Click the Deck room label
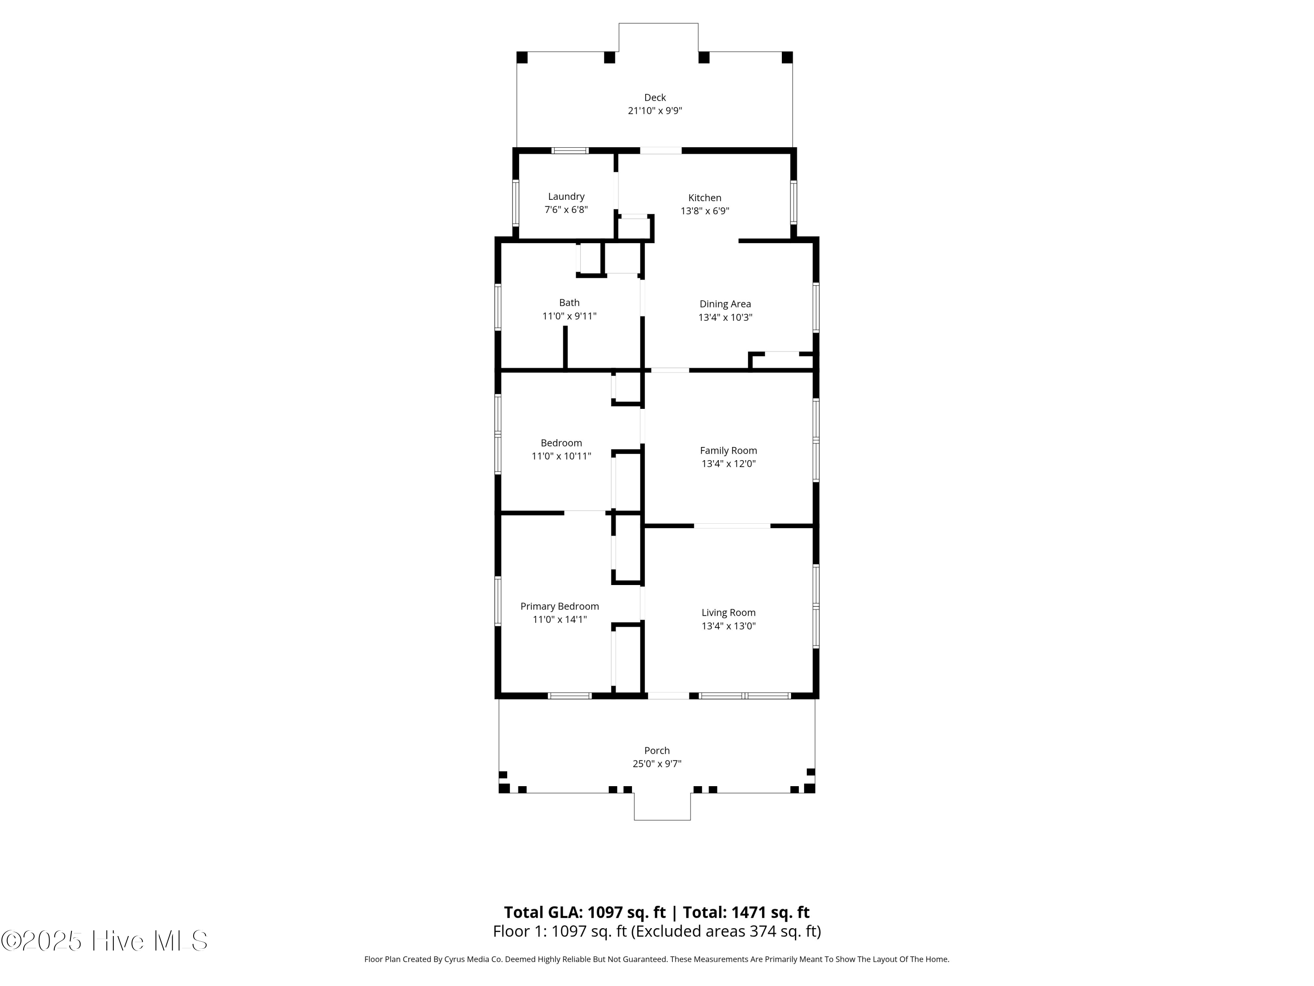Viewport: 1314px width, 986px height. coord(655,97)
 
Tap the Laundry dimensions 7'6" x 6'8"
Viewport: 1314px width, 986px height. coord(566,210)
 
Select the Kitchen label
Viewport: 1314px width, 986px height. coord(704,198)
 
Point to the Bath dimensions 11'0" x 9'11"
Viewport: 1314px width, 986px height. coord(569,316)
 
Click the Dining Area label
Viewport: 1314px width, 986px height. coord(725,304)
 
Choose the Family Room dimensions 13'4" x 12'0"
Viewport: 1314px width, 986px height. coord(728,464)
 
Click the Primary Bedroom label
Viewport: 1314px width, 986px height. coord(560,606)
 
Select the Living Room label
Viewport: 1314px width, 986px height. coord(728,613)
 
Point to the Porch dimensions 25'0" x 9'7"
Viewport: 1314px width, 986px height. coord(657,764)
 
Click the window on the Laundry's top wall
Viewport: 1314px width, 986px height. coord(570,150)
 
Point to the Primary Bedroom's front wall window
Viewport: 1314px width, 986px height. coord(570,695)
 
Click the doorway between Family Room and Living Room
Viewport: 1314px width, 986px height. coord(732,526)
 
